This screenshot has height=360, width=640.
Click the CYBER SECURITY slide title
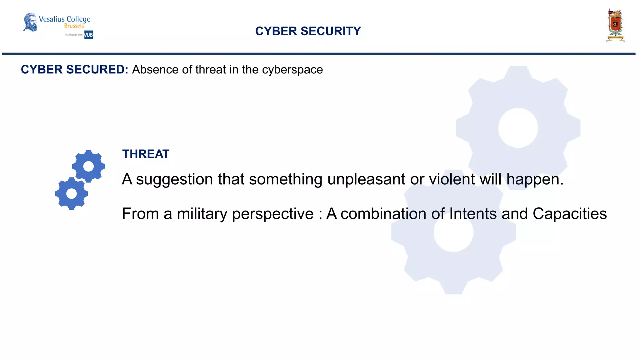308,31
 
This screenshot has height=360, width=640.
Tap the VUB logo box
88,35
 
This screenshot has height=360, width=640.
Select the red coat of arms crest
615,25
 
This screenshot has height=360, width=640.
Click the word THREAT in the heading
146,154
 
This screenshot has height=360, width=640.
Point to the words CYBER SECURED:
74,69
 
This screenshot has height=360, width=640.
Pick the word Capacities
569,214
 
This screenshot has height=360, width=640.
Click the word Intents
473,214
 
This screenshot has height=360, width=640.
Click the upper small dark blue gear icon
88,166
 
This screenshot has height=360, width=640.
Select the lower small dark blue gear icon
72,193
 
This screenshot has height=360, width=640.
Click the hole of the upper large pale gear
518,128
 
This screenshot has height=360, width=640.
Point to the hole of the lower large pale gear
453,232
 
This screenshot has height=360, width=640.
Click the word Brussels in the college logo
74,26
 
